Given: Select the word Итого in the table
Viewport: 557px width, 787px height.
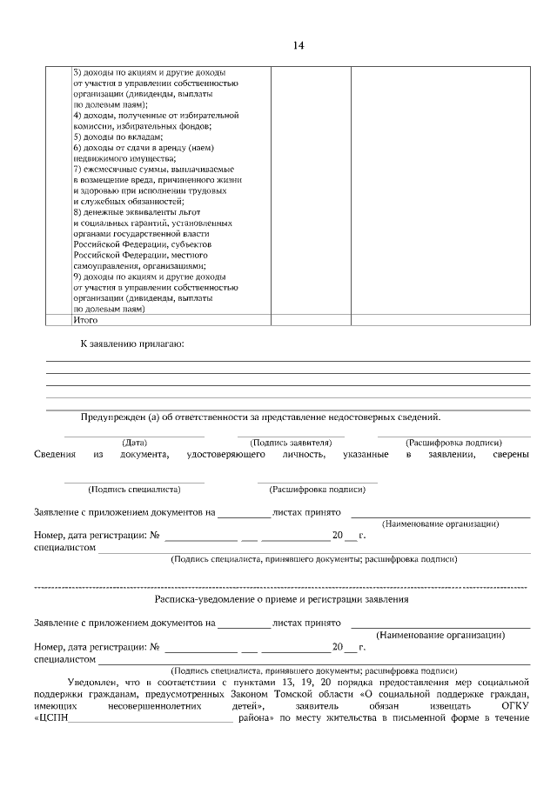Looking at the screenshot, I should [86, 320].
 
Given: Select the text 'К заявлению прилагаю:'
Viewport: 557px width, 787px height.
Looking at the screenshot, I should [132, 344].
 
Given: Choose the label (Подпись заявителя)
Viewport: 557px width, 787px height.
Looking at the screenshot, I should [291, 442].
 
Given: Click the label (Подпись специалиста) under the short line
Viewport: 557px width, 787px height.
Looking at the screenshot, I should [134, 489].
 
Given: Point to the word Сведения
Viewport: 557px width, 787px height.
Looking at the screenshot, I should [54, 454].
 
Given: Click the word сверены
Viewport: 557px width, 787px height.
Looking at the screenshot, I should [510, 454].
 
